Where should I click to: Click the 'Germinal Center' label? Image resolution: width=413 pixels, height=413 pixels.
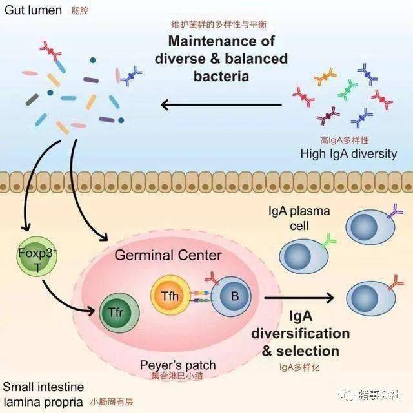(168, 255)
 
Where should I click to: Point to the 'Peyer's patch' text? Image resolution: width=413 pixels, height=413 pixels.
(178, 365)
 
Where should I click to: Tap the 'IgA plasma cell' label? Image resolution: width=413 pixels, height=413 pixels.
(299, 218)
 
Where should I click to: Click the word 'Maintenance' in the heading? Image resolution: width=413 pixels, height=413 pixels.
(221, 42)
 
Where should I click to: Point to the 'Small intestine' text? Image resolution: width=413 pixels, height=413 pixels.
(43, 387)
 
